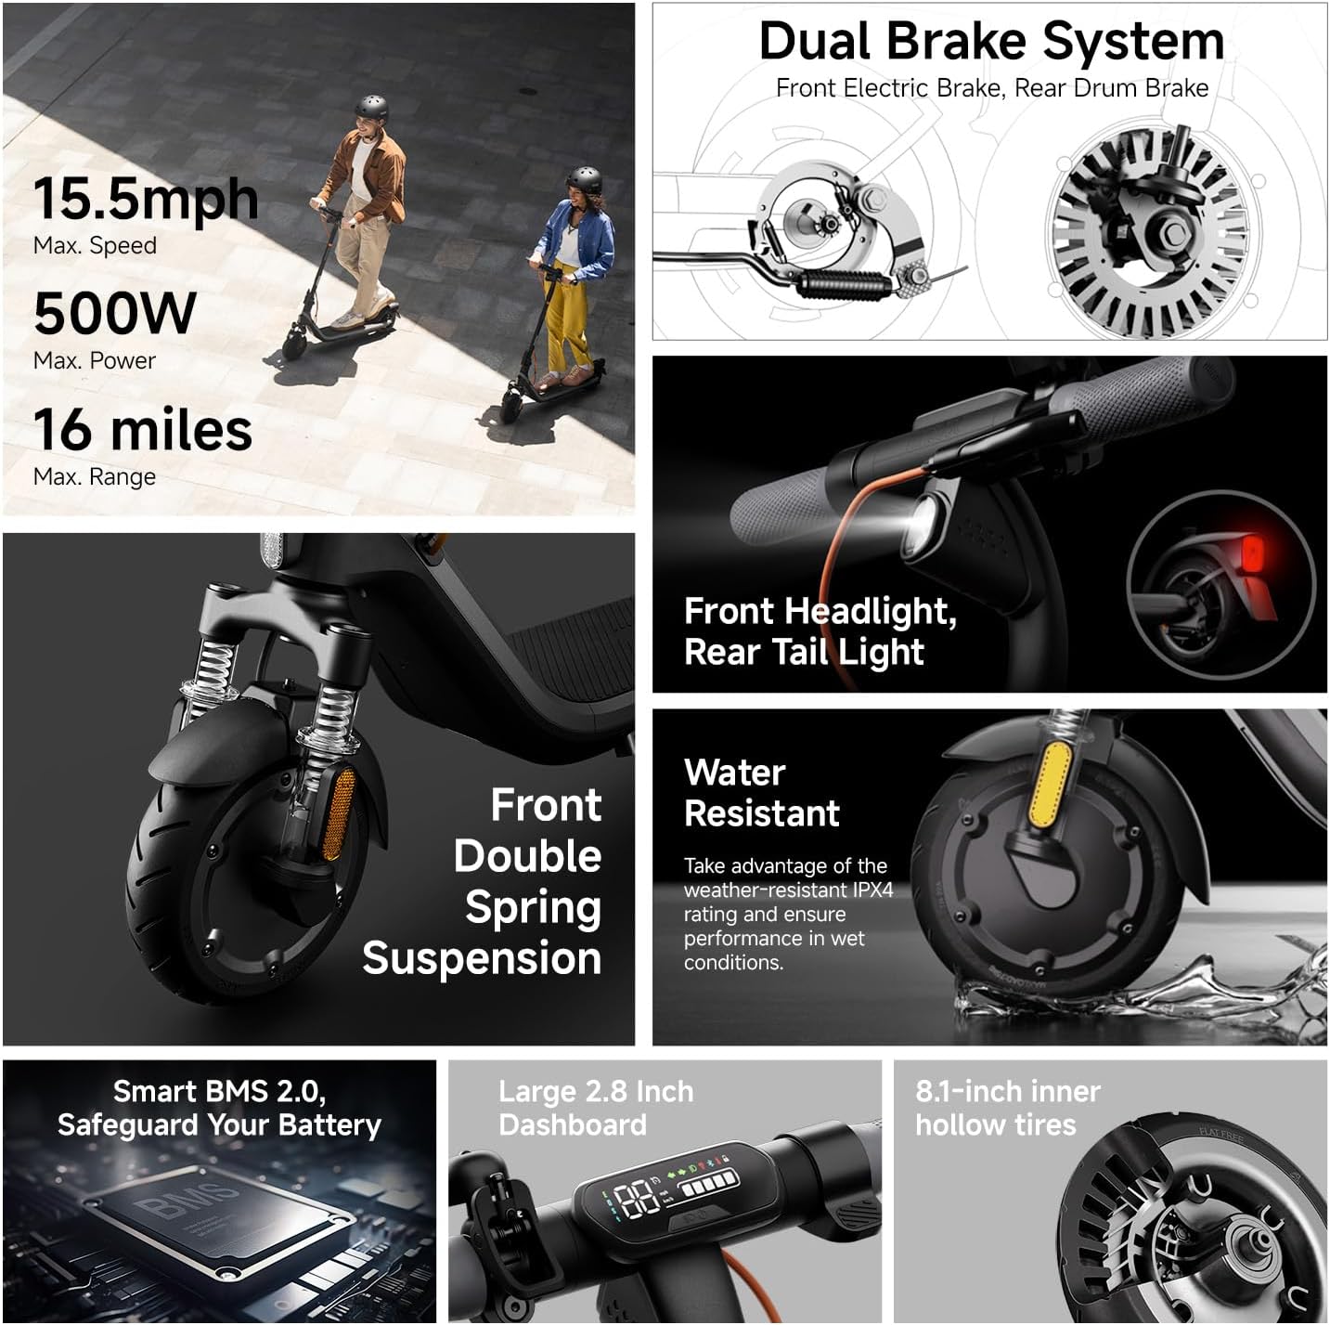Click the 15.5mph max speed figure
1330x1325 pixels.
point(146,199)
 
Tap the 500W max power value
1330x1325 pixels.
point(115,314)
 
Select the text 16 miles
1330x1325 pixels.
point(143,430)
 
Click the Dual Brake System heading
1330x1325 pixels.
point(991,42)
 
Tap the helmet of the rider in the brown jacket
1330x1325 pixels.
point(371,106)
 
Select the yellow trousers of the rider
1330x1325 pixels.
point(566,325)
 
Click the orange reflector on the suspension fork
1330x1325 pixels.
point(340,808)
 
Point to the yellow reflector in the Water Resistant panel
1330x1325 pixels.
point(1051,785)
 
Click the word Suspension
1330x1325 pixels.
point(482,958)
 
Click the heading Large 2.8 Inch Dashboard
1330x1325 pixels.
point(596,1108)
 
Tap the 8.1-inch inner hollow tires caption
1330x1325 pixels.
point(1008,1108)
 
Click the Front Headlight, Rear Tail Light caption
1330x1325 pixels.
point(820,631)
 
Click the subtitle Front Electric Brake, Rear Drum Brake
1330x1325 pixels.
point(991,88)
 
